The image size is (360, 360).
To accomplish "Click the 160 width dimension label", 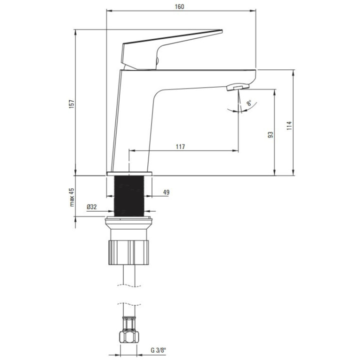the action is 179,6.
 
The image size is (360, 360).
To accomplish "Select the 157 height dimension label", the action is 72,104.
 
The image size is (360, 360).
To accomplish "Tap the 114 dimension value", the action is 289,126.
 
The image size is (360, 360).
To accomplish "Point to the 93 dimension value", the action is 270,134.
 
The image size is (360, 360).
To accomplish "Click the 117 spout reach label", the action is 180,146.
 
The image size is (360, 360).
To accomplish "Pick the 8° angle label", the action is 249,103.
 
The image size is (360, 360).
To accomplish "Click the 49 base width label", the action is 166,192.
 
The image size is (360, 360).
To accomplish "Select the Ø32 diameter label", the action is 91,207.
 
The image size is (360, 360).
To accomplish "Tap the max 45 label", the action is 72,197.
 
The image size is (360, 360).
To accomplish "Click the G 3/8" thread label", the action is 158,350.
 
